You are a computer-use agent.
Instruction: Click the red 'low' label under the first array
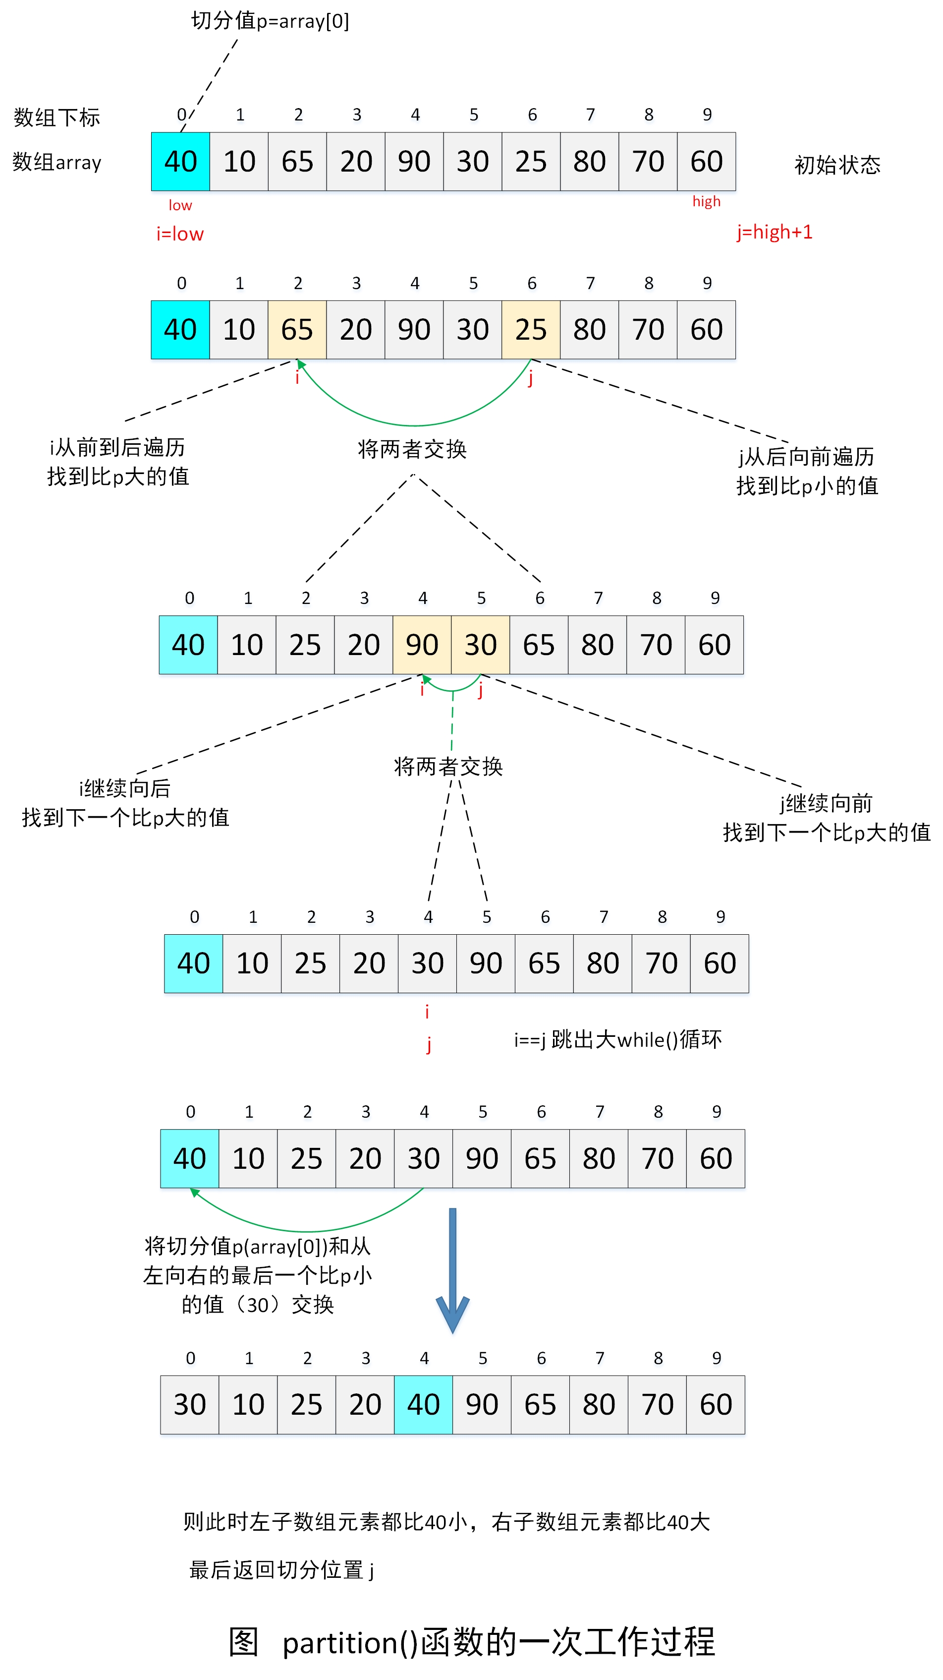click(180, 205)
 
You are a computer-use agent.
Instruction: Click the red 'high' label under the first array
click(707, 201)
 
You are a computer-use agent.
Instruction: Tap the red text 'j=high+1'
click(774, 232)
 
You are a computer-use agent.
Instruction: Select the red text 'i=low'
click(180, 234)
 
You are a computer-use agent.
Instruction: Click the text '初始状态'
click(837, 165)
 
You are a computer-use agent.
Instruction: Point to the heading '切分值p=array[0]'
click(270, 21)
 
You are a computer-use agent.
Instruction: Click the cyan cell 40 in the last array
click(423, 1404)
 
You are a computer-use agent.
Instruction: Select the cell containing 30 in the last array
click(190, 1404)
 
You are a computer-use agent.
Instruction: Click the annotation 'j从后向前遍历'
click(806, 457)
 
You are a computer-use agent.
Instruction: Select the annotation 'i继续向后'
click(124, 788)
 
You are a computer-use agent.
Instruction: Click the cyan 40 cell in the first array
click(180, 161)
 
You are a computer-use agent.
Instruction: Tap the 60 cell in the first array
click(707, 161)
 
